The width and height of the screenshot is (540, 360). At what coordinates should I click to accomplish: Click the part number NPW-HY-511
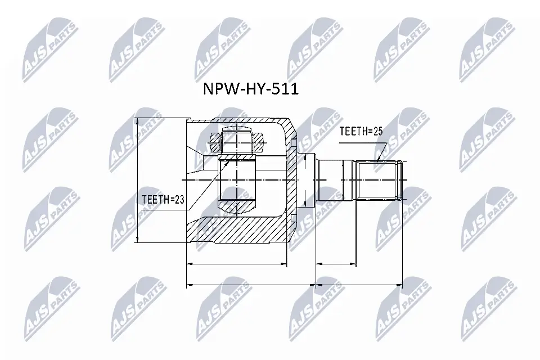coord(250,89)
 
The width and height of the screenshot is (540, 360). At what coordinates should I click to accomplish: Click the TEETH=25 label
coord(360,132)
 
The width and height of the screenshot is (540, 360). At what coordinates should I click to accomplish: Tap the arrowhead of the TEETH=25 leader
coord(378,160)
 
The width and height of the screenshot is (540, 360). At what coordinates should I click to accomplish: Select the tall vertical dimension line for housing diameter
coord(138,180)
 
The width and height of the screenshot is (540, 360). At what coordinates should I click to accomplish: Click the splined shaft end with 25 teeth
coord(380,180)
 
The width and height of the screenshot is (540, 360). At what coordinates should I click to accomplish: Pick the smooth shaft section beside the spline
coord(336,180)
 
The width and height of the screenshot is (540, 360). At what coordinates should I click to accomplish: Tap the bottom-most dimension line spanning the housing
coord(251,285)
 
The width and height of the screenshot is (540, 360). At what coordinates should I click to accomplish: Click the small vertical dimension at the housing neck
coord(304,180)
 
